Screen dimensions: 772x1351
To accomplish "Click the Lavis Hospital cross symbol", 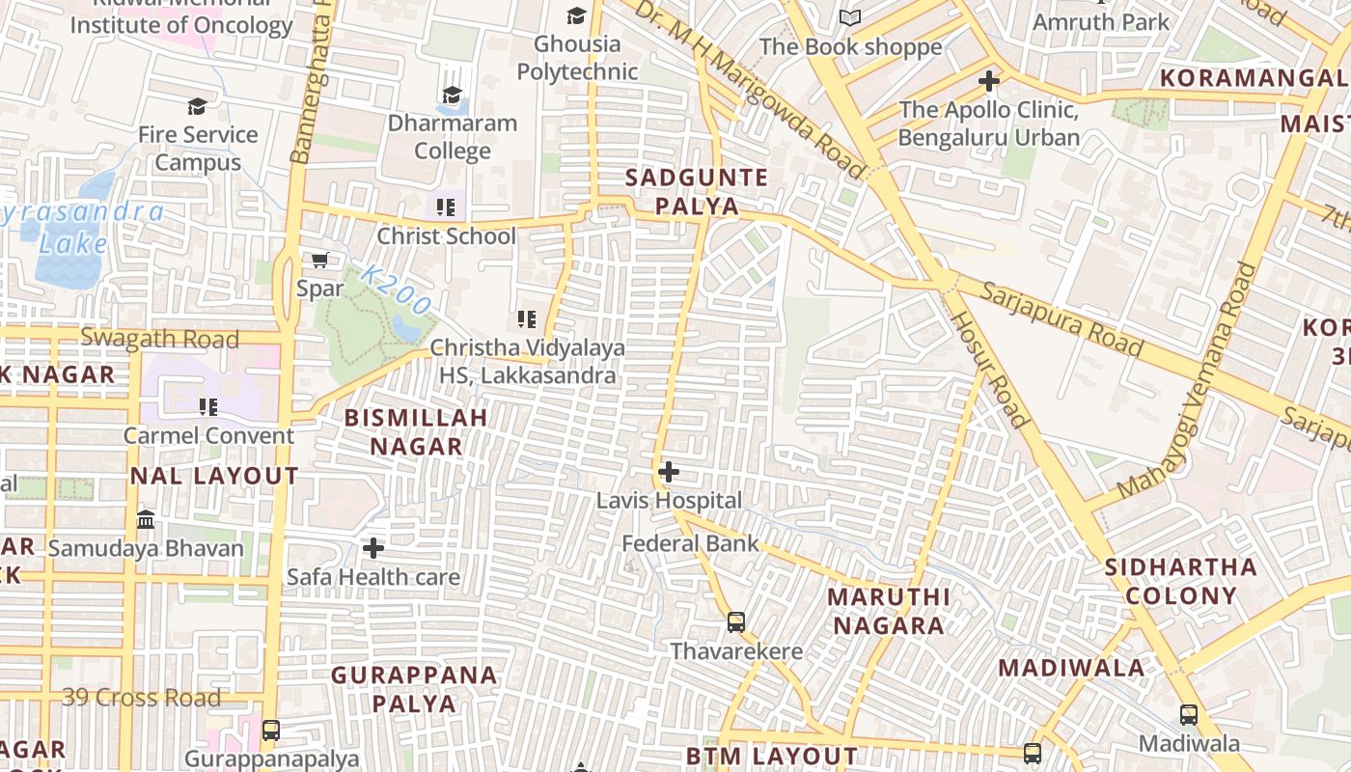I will [x=669, y=472].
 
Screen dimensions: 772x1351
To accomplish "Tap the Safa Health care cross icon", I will [x=373, y=548].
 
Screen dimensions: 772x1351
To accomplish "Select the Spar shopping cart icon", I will [x=320, y=260].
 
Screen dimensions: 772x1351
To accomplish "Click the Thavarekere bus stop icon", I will [x=736, y=622].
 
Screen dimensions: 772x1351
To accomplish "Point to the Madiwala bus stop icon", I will [x=1189, y=715].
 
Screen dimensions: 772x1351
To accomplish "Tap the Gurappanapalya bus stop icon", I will [x=271, y=731].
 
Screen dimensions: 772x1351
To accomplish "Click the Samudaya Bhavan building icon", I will [x=146, y=520].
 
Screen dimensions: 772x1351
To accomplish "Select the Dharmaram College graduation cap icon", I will [x=452, y=95].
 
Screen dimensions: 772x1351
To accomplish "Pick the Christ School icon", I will [x=445, y=207].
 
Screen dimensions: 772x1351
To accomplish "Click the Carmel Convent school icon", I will [x=208, y=407].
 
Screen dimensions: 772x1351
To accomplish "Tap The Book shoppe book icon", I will [x=849, y=18].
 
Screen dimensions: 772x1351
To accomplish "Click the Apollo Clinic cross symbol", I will [x=989, y=81].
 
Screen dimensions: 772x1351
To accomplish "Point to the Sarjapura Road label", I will [x=1062, y=318].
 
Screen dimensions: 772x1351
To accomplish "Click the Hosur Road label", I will [x=989, y=370].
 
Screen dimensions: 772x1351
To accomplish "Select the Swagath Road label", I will [x=159, y=339].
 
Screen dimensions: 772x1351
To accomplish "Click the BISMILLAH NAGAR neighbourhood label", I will [x=416, y=431].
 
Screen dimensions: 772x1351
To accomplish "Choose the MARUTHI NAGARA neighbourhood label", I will [x=889, y=611].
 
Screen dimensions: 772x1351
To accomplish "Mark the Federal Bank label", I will [x=690, y=543].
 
